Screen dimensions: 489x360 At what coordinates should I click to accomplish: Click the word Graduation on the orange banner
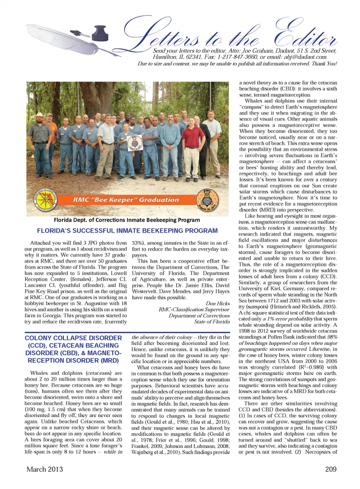159,200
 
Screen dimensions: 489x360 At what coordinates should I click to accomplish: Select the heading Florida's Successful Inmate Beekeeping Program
127,231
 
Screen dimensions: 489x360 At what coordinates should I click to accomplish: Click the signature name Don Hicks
217,304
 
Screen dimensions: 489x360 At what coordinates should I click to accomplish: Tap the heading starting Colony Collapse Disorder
73,349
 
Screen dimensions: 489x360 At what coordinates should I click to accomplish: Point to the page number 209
331,469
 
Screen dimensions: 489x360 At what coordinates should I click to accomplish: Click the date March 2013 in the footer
45,469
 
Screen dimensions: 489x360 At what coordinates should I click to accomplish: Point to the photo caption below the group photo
127,220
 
